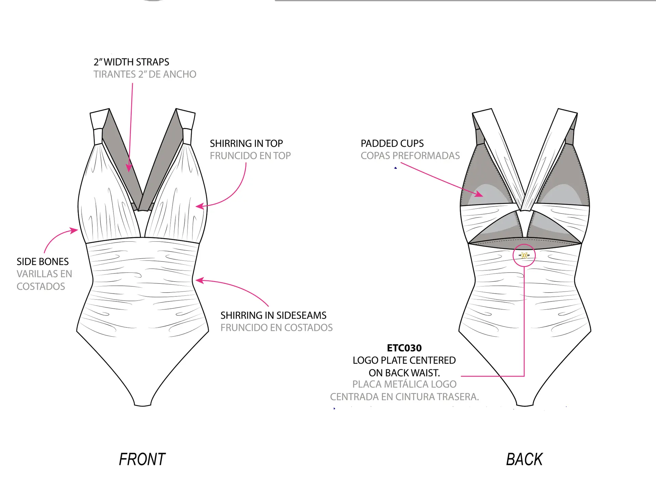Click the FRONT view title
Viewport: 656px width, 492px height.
coord(142,459)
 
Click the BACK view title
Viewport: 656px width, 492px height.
coord(524,459)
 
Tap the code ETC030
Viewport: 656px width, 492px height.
coord(404,348)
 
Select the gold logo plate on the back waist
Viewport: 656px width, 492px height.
coord(524,255)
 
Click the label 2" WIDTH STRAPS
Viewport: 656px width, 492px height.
coord(131,62)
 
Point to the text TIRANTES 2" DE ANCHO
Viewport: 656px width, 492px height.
coord(145,74)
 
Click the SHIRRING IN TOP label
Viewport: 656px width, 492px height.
coord(246,143)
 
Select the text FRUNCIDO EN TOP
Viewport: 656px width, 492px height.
coord(250,156)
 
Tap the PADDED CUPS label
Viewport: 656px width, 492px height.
coord(392,143)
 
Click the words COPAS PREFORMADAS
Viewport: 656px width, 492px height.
coord(410,156)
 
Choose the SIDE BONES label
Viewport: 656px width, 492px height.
coord(43,262)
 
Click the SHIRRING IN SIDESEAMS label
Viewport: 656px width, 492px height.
coord(273,315)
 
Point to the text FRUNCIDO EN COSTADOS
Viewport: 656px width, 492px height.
coord(276,328)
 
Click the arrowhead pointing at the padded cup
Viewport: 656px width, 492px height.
coord(480,194)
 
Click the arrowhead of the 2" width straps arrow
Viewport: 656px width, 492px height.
coord(129,168)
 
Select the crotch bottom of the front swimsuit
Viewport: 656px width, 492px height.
coord(143,405)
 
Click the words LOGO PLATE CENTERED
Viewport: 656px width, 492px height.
coord(404,360)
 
